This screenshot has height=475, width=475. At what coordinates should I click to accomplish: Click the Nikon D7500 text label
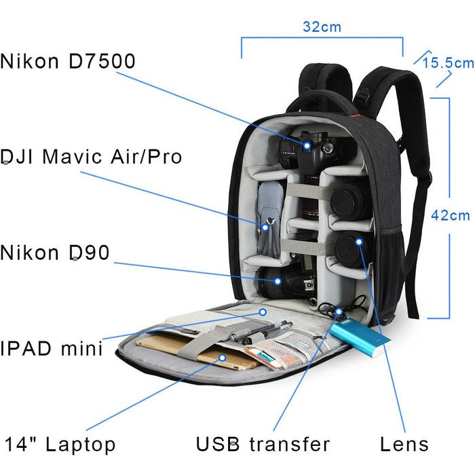(68, 61)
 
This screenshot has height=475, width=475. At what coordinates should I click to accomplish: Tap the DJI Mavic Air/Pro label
(92, 157)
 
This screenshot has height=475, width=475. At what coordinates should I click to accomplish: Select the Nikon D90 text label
(54, 253)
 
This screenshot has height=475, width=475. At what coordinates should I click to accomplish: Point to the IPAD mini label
(52, 349)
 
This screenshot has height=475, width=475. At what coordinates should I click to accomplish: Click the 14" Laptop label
(60, 445)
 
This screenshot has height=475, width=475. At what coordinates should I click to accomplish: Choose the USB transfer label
(263, 445)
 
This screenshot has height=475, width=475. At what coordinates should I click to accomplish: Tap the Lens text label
(404, 445)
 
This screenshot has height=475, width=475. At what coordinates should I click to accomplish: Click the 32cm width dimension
(322, 28)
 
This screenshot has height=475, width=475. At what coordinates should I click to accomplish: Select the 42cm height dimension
(451, 215)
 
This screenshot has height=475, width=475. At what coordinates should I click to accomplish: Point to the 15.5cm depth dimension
(448, 63)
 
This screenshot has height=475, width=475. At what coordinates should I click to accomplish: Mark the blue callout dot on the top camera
(307, 145)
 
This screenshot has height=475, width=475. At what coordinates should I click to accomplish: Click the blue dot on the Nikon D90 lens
(277, 280)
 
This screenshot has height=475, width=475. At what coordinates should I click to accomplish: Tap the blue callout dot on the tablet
(222, 358)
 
